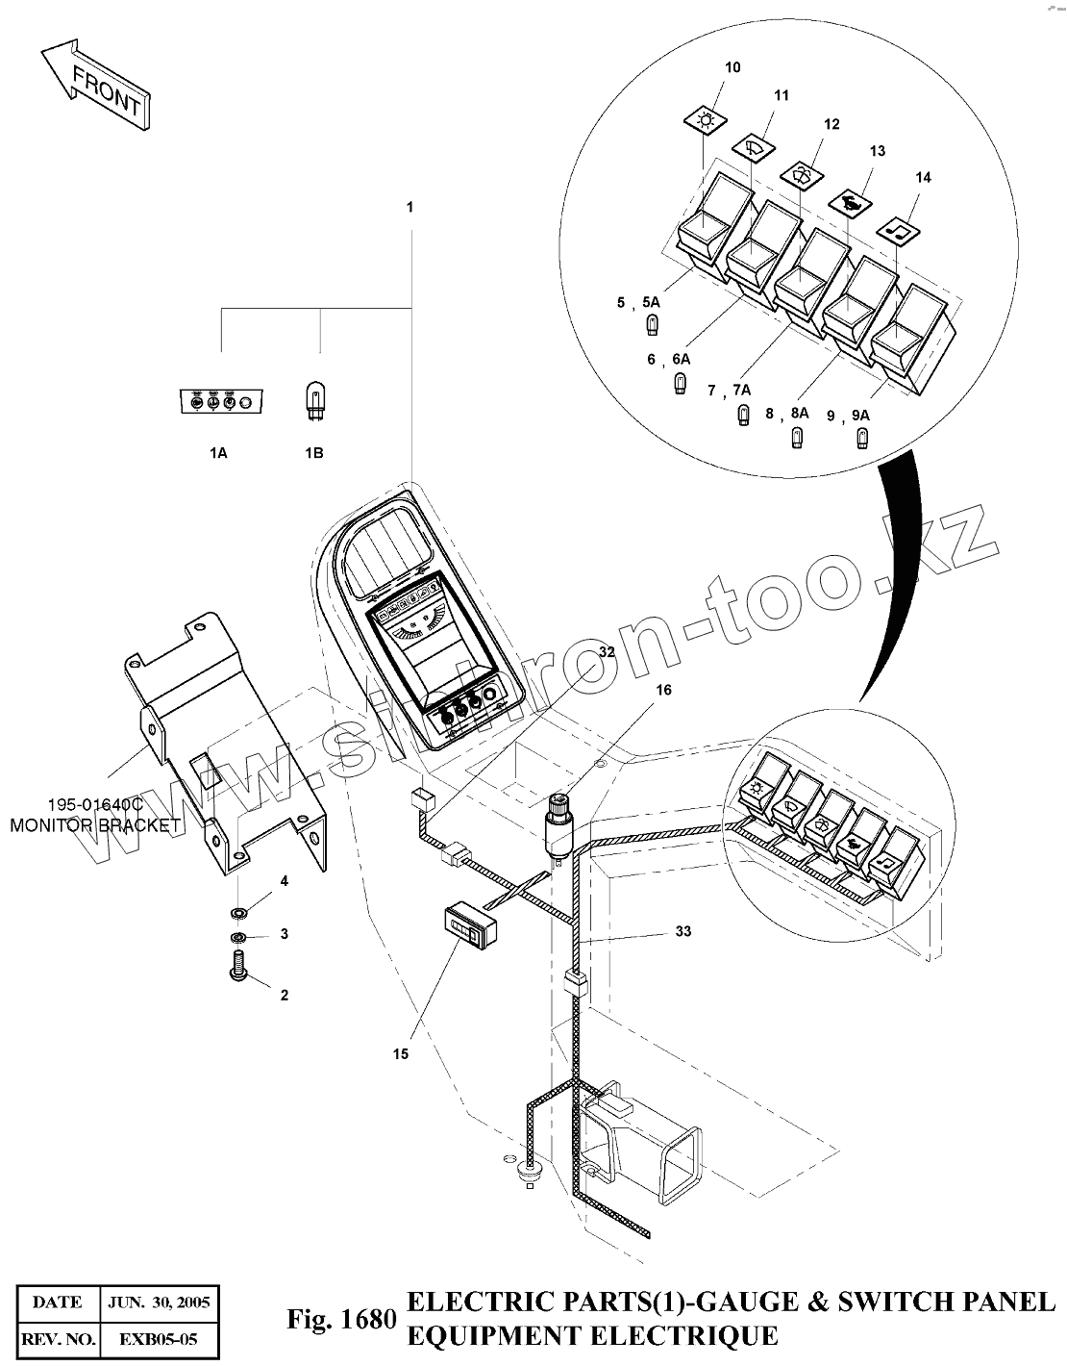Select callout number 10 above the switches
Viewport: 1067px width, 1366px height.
coord(732,67)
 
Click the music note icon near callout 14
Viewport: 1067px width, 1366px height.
coord(900,229)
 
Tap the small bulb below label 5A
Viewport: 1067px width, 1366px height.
coord(651,325)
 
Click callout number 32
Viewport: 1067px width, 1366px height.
coord(606,651)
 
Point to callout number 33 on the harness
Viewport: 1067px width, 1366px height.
coord(682,931)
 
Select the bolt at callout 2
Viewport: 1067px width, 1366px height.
coord(237,966)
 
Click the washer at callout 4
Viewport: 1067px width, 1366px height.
coord(237,909)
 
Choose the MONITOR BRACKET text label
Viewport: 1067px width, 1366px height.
coord(95,825)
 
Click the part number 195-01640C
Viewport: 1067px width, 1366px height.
coord(95,804)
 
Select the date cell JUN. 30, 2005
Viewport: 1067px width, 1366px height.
coord(160,1303)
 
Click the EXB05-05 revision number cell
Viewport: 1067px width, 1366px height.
coord(160,1338)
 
